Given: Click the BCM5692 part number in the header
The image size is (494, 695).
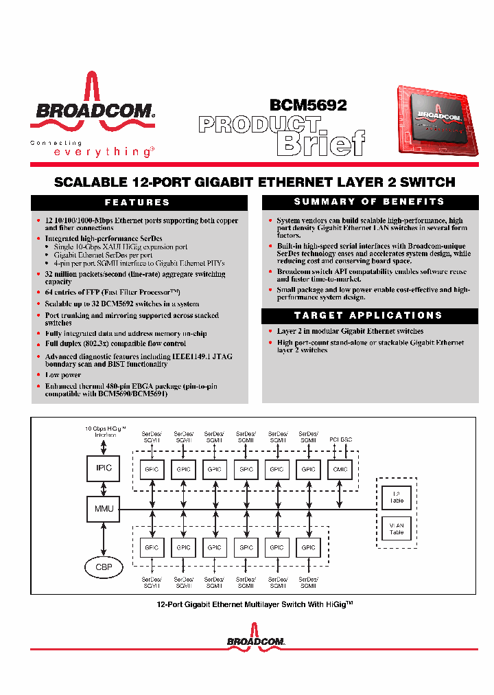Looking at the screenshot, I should (308, 105).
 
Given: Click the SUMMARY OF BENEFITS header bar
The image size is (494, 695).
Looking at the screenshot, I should (370, 202).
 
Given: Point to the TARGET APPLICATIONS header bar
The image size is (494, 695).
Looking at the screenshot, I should (370, 315).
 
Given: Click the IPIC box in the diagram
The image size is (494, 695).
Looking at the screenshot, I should (103, 468).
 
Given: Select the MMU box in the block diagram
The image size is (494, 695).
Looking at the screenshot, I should (103, 509).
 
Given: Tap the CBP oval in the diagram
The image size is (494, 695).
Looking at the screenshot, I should (103, 568).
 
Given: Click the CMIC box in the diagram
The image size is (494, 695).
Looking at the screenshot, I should (340, 470).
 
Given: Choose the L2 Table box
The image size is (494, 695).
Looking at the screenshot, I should (397, 497).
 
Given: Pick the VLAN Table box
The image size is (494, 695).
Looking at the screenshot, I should (397, 529).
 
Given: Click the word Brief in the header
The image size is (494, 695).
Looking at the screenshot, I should (320, 144).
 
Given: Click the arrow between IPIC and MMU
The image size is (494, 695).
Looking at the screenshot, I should (103, 488).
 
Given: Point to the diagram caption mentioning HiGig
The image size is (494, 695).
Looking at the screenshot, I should (255, 604).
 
